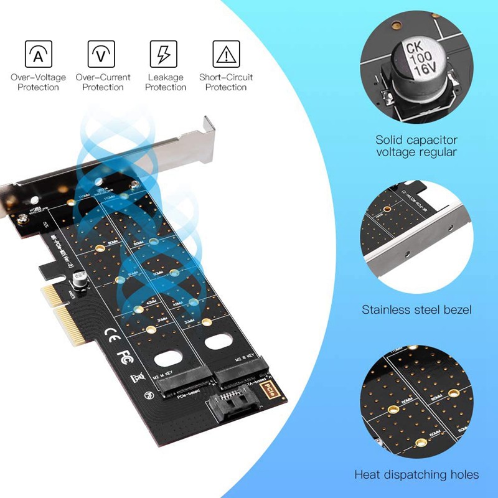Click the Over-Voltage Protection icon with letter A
[38, 54]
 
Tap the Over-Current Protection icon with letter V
[101, 54]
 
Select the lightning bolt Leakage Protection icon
[164, 54]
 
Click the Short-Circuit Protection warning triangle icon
[227, 54]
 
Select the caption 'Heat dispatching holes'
[416, 474]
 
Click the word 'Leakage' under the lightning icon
[166, 78]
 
